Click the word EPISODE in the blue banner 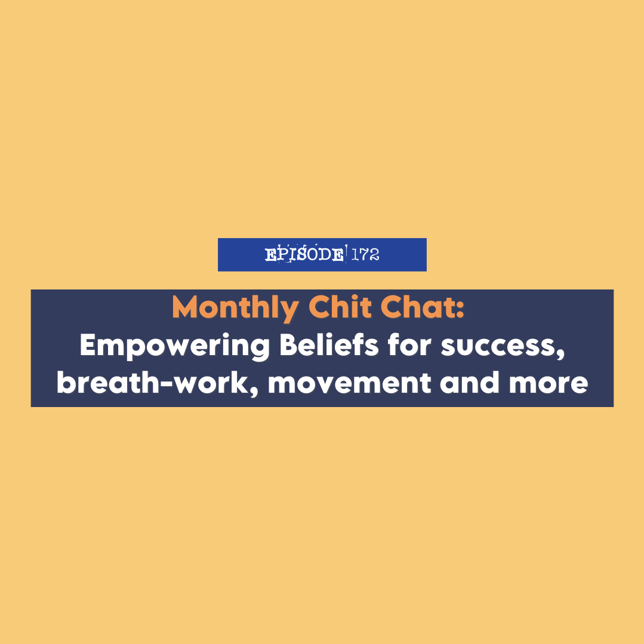[304, 255]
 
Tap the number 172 [365, 255]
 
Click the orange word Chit [335, 308]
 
